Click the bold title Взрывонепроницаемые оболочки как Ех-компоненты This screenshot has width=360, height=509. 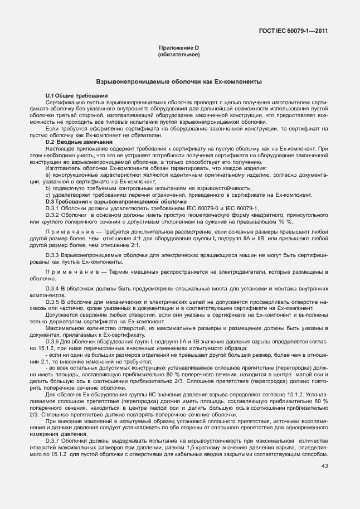pyautogui.click(x=179, y=81)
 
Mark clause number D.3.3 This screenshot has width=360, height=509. pyautogui.click(x=54, y=254)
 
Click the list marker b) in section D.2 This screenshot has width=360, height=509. pyautogui.click(x=49, y=188)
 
